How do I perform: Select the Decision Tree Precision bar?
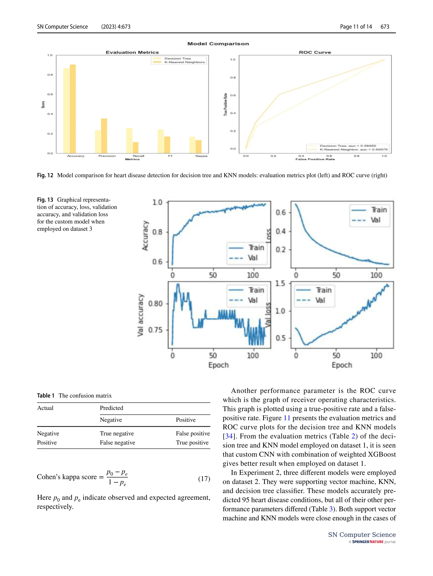click(x=98, y=142)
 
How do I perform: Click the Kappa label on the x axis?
click(x=201, y=156)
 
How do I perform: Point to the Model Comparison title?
click(x=218, y=44)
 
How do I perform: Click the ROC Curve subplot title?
click(x=315, y=52)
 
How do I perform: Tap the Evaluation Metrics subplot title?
click(x=132, y=52)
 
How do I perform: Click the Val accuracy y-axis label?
click(x=140, y=315)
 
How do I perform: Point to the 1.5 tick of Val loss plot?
click(x=280, y=283)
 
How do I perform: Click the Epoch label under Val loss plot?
click(x=341, y=365)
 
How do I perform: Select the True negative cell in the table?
click(x=117, y=433)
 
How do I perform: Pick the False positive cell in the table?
click(x=193, y=433)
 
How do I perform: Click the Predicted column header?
click(x=111, y=408)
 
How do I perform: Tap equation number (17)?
click(x=204, y=479)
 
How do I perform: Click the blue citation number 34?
click(x=229, y=436)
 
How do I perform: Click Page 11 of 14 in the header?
click(x=356, y=26)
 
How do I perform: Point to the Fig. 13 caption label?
click(x=45, y=200)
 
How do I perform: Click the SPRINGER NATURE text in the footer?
click(x=367, y=542)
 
